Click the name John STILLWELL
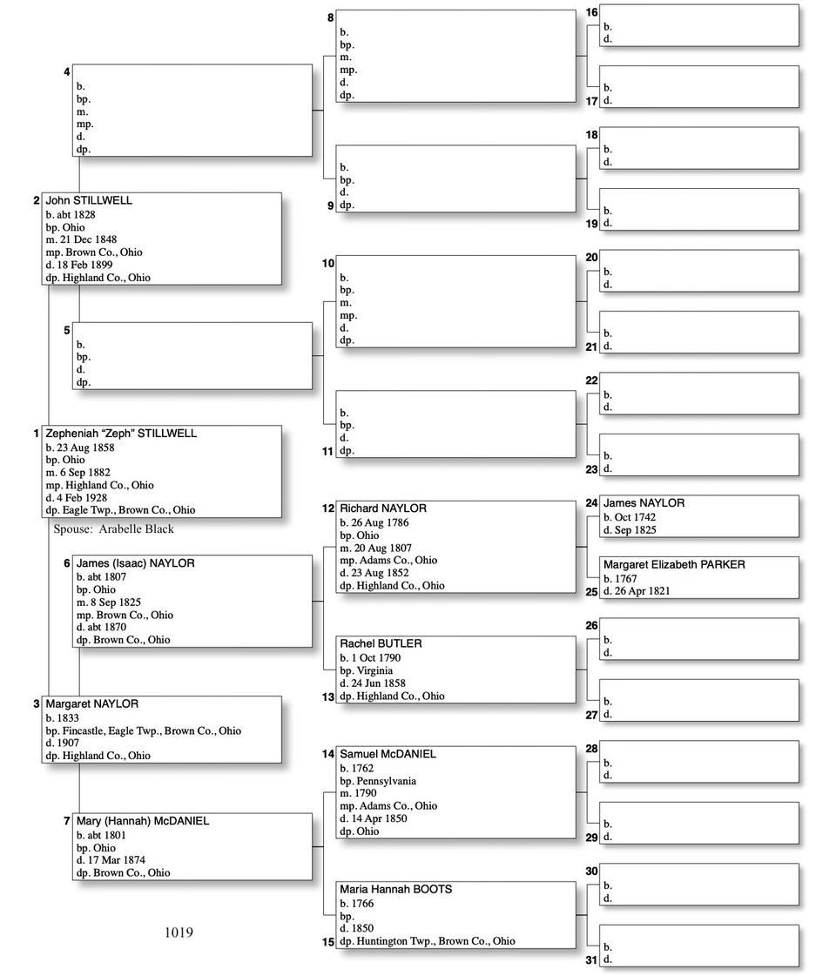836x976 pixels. pos(89,200)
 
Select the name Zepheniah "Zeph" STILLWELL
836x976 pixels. pos(121,434)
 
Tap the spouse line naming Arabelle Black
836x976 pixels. pos(114,529)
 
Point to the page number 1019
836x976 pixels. pos(179,932)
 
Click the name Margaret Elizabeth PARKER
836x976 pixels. pos(674,565)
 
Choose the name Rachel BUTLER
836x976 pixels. pos(381,643)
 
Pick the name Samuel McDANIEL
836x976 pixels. pos(388,754)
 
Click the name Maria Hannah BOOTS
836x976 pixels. pos(395,890)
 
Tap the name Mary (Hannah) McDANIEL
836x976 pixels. pos(143,821)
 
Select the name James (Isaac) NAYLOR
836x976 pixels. pos(135,563)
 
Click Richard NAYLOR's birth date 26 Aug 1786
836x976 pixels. pos(377,523)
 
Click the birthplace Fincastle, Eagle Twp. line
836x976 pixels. pos(143,731)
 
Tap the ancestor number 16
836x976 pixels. pos(591,12)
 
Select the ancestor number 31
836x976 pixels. pos(591,960)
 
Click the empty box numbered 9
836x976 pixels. pos(455,178)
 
